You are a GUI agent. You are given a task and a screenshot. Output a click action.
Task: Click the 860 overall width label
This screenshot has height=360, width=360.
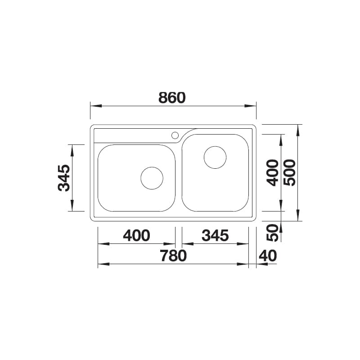(x=172, y=98)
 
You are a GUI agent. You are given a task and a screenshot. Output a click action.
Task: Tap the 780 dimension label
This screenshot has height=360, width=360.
(x=174, y=256)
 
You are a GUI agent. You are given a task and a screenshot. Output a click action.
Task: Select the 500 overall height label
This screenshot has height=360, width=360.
(x=289, y=173)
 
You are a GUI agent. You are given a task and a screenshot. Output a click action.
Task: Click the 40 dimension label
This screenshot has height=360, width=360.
(x=268, y=256)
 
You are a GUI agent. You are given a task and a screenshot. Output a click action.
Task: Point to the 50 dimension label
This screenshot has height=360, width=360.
(x=272, y=233)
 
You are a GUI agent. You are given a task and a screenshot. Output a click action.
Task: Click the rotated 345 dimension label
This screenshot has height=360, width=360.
(x=64, y=178)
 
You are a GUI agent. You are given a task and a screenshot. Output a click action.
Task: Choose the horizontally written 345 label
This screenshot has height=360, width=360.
(x=215, y=235)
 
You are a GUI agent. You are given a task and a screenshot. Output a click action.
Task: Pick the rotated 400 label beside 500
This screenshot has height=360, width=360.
(x=272, y=173)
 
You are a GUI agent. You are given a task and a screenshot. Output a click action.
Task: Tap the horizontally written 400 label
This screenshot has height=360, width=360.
(x=137, y=235)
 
